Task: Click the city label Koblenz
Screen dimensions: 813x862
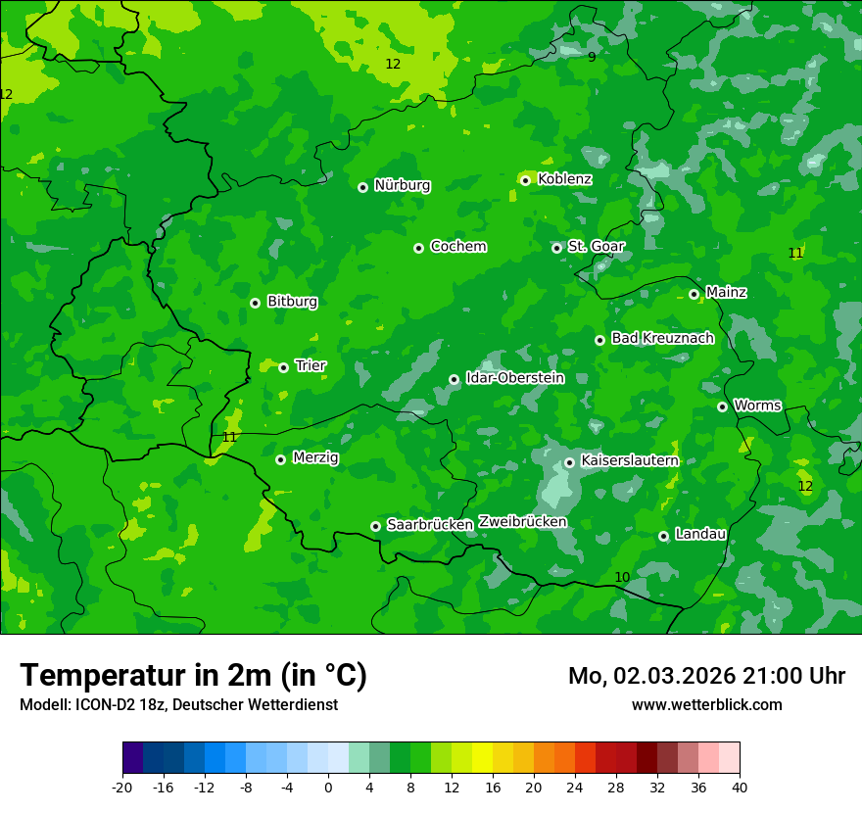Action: click(x=564, y=179)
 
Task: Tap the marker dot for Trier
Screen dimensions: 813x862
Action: click(x=283, y=367)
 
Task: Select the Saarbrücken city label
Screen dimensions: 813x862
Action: click(x=430, y=525)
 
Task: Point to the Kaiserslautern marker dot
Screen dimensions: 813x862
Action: click(x=569, y=462)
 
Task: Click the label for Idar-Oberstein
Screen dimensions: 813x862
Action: click(x=514, y=378)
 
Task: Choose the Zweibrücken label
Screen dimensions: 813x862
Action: click(x=522, y=522)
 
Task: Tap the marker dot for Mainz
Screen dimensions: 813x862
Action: click(x=694, y=294)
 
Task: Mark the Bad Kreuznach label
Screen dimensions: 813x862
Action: click(x=662, y=338)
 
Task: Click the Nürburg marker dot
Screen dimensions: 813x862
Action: click(x=362, y=187)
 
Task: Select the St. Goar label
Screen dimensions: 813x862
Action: click(x=596, y=246)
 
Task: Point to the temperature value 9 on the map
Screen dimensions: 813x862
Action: click(x=592, y=57)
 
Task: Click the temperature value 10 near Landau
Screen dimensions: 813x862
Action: click(x=622, y=577)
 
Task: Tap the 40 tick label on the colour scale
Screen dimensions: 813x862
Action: click(x=739, y=787)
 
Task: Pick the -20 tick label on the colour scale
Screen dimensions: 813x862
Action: click(x=122, y=787)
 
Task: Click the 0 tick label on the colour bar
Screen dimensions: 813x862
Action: click(x=328, y=787)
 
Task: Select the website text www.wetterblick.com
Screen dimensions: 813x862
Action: click(x=706, y=704)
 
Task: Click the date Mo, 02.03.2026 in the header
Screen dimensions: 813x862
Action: click(x=655, y=676)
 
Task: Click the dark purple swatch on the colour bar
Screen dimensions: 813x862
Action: click(x=133, y=758)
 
